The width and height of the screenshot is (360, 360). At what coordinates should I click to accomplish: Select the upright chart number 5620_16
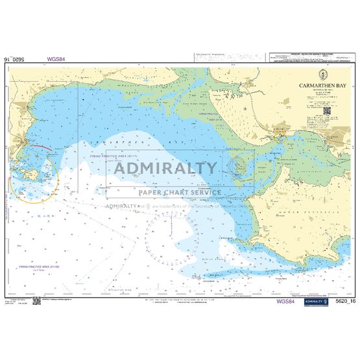coord(343,302)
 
